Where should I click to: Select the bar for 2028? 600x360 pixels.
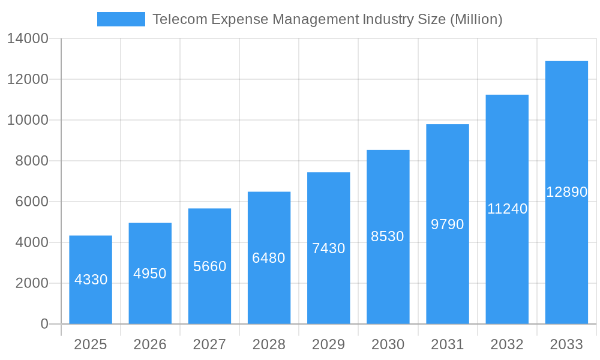pos(269,258)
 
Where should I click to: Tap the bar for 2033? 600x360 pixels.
pos(566,193)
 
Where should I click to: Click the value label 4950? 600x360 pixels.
pos(150,274)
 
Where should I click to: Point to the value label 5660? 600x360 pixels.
pos(209,266)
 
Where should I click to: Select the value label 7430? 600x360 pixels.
pos(329,248)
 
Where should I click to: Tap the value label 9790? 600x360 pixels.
pos(448,224)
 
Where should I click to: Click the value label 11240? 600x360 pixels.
pos(507,209)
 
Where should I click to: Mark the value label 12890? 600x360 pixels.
pos(566,192)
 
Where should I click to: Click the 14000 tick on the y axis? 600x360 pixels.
pos(28,39)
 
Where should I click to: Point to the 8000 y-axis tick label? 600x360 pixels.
pos(31,161)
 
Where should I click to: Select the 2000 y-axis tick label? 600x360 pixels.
pos(31,283)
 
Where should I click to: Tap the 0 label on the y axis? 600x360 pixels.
pos(44,324)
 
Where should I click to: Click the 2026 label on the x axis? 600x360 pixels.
pos(150,344)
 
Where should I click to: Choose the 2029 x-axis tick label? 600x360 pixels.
pos(329,344)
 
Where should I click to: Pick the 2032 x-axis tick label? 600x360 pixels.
pos(507,344)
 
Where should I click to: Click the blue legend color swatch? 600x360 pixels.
pos(121,19)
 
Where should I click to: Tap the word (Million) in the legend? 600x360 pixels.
pos(476,19)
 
